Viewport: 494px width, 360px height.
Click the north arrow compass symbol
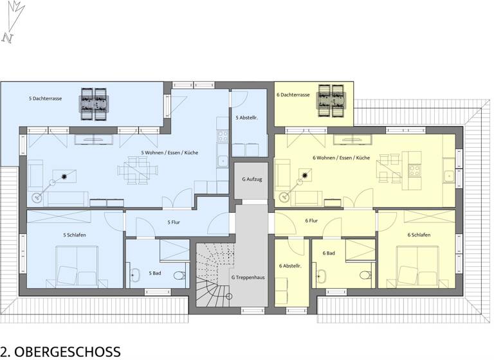(x=12, y=22)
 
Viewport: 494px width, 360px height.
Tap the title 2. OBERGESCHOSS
(x=60, y=351)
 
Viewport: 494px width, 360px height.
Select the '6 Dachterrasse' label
(x=293, y=95)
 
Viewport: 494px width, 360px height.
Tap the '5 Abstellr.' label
(x=247, y=118)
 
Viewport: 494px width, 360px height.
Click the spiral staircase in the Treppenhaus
(x=213, y=276)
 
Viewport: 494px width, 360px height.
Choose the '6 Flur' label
(x=311, y=221)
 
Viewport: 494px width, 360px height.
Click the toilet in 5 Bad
(x=179, y=276)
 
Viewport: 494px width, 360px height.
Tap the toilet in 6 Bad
(x=365, y=276)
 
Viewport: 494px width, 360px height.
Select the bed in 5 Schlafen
(x=75, y=265)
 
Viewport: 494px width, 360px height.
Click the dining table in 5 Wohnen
(x=136, y=171)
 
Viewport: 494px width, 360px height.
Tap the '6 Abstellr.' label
(x=290, y=265)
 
